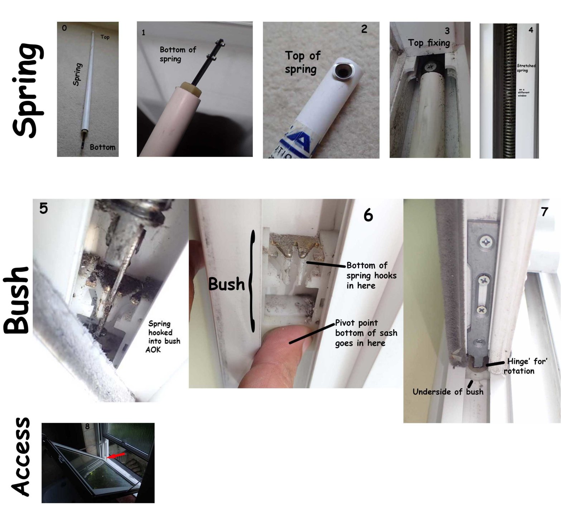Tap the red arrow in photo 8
(x=116, y=455)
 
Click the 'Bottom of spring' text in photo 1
(x=178, y=54)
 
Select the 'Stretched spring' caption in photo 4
(x=526, y=68)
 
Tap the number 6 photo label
(x=368, y=215)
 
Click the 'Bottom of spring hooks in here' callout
(x=371, y=275)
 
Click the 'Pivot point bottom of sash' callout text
(x=366, y=333)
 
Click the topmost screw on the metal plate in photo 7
(x=486, y=242)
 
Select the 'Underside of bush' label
(x=448, y=392)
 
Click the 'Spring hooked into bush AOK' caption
(x=164, y=336)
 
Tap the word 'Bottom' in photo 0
(x=102, y=147)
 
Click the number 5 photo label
(x=43, y=208)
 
